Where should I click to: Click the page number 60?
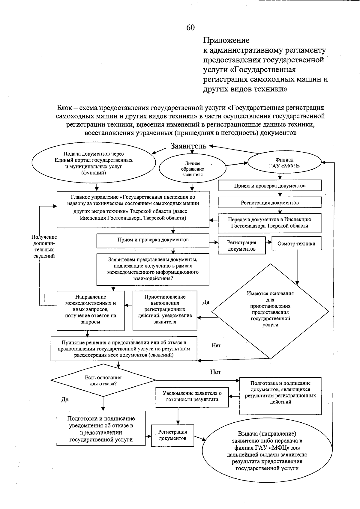tap(190, 28)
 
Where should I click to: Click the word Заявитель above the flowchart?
tap(188, 146)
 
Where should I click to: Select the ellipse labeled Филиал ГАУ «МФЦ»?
tap(284, 163)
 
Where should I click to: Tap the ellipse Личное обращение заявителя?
tap(192, 169)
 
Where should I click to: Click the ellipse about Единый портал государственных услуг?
tap(94, 163)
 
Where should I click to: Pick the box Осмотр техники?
tap(296, 243)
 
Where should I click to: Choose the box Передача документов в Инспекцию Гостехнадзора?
tap(269, 223)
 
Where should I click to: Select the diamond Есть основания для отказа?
tap(103, 380)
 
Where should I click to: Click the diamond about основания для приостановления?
tap(270, 311)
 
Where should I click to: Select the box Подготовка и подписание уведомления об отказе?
tap(101, 429)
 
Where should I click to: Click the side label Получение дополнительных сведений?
tap(44, 246)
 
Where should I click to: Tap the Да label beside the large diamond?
tap(206, 302)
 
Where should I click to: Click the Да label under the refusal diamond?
tap(65, 399)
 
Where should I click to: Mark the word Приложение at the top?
tap(226, 40)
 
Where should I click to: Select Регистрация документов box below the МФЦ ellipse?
tap(269, 203)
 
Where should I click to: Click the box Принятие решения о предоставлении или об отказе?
tap(124, 349)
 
